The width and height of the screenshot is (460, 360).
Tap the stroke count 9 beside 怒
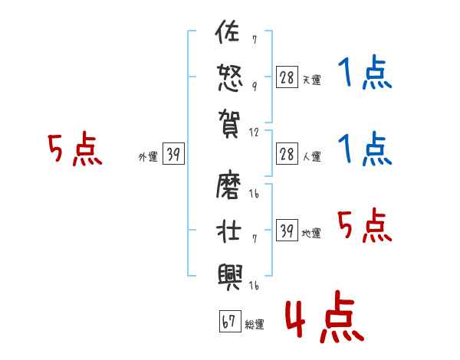coord(255,86)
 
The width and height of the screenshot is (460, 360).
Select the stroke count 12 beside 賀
coord(255,131)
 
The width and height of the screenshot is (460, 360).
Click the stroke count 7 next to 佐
coord(255,39)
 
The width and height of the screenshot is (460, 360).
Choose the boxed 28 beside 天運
coord(287,77)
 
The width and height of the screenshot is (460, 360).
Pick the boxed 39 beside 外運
coord(173,155)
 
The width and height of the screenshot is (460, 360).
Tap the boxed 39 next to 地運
coord(287,231)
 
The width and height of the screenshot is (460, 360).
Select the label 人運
coord(311,157)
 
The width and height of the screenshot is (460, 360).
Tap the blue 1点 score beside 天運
coord(365,74)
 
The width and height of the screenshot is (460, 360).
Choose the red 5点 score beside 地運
coord(365,227)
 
